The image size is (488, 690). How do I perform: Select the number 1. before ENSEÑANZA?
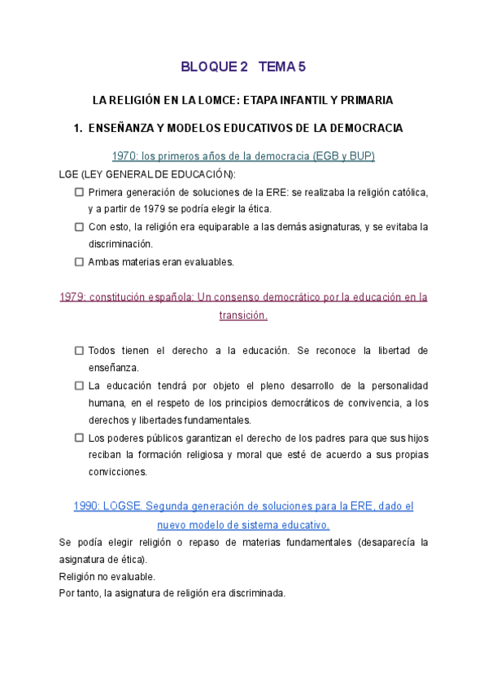[78, 129]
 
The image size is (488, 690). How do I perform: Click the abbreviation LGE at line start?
[71, 174]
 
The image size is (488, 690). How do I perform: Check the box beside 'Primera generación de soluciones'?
[79, 192]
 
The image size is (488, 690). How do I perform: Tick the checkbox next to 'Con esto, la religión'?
[79, 226]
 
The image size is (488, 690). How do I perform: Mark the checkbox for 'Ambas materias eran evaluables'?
[79, 262]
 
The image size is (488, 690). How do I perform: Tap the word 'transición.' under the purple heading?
[243, 315]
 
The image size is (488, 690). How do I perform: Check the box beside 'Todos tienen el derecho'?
[79, 351]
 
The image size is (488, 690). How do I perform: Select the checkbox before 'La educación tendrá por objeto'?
[79, 386]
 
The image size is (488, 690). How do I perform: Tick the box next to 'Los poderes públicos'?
[79, 438]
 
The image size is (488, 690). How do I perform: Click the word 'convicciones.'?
[118, 472]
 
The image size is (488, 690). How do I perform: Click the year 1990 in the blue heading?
[86, 506]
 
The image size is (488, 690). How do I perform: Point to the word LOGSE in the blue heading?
[125, 506]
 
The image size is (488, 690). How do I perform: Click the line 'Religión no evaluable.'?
[107, 576]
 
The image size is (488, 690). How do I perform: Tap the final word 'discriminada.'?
[255, 593]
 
